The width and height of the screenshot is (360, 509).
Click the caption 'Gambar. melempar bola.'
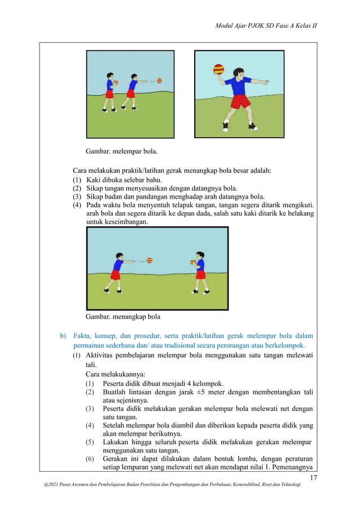click(121, 151)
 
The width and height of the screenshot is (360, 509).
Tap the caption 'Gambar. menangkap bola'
click(122, 317)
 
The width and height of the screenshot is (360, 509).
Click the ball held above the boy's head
click(218, 71)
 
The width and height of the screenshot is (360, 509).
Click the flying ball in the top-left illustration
click(159, 81)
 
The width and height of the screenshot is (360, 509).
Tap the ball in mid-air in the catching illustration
click(150, 260)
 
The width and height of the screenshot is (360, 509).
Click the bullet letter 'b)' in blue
click(64, 336)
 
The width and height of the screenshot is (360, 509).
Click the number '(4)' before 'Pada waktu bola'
click(77, 205)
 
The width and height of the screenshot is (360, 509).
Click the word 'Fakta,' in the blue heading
click(85, 336)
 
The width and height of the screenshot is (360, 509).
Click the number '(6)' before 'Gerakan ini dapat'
click(90, 459)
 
